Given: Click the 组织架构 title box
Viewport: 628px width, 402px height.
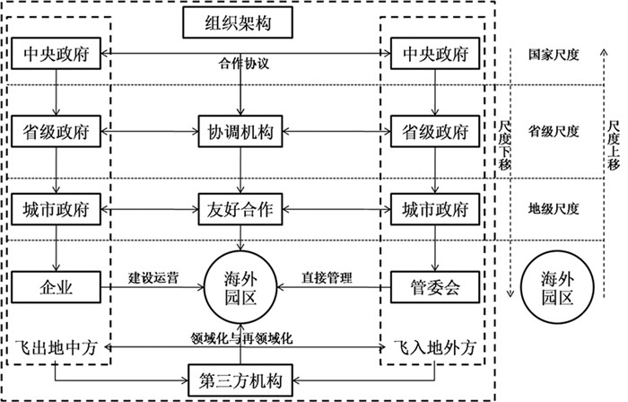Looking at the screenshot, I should pyautogui.click(x=239, y=24).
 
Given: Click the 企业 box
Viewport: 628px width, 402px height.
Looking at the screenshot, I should pyautogui.click(x=57, y=288).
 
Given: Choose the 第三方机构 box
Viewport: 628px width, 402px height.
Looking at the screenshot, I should pyautogui.click(x=239, y=379).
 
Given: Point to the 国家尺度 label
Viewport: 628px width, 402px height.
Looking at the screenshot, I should pyautogui.click(x=554, y=55).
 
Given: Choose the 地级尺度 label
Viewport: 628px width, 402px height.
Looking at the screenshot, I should pyautogui.click(x=554, y=209).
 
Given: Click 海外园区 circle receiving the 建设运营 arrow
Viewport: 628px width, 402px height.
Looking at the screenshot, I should pyautogui.click(x=239, y=288).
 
